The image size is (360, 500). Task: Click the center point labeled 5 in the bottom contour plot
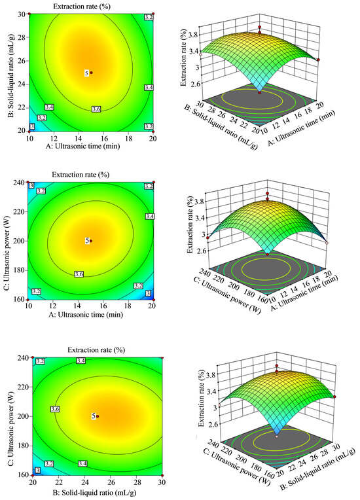[96, 416]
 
